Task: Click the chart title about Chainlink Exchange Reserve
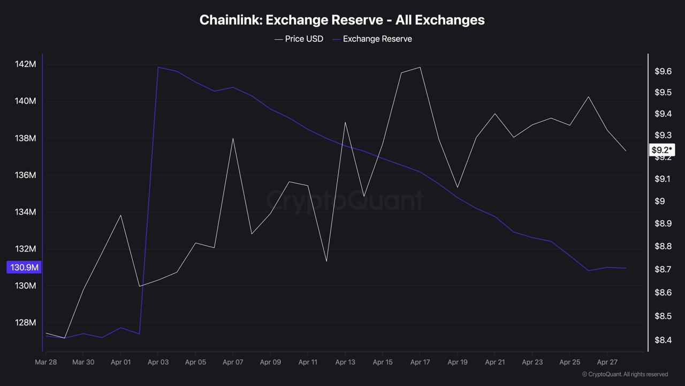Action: [342, 20]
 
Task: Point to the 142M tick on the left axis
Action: [25, 64]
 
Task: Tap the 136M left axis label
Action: [25, 175]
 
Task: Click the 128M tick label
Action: [25, 323]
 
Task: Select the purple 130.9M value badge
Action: [24, 267]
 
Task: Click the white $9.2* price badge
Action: [662, 150]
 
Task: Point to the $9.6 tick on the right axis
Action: [663, 72]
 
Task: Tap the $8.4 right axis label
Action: [663, 340]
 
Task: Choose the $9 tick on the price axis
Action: [659, 201]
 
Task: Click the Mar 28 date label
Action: [46, 362]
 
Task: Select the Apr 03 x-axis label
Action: [158, 362]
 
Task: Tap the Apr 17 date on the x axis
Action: [420, 362]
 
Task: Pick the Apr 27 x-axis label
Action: [607, 362]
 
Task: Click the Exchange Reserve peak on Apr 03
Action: [158, 67]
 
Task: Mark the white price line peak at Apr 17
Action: [420, 67]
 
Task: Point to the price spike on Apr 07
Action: [233, 138]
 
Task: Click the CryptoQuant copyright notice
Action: [625, 374]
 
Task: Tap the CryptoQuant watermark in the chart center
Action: [345, 201]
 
